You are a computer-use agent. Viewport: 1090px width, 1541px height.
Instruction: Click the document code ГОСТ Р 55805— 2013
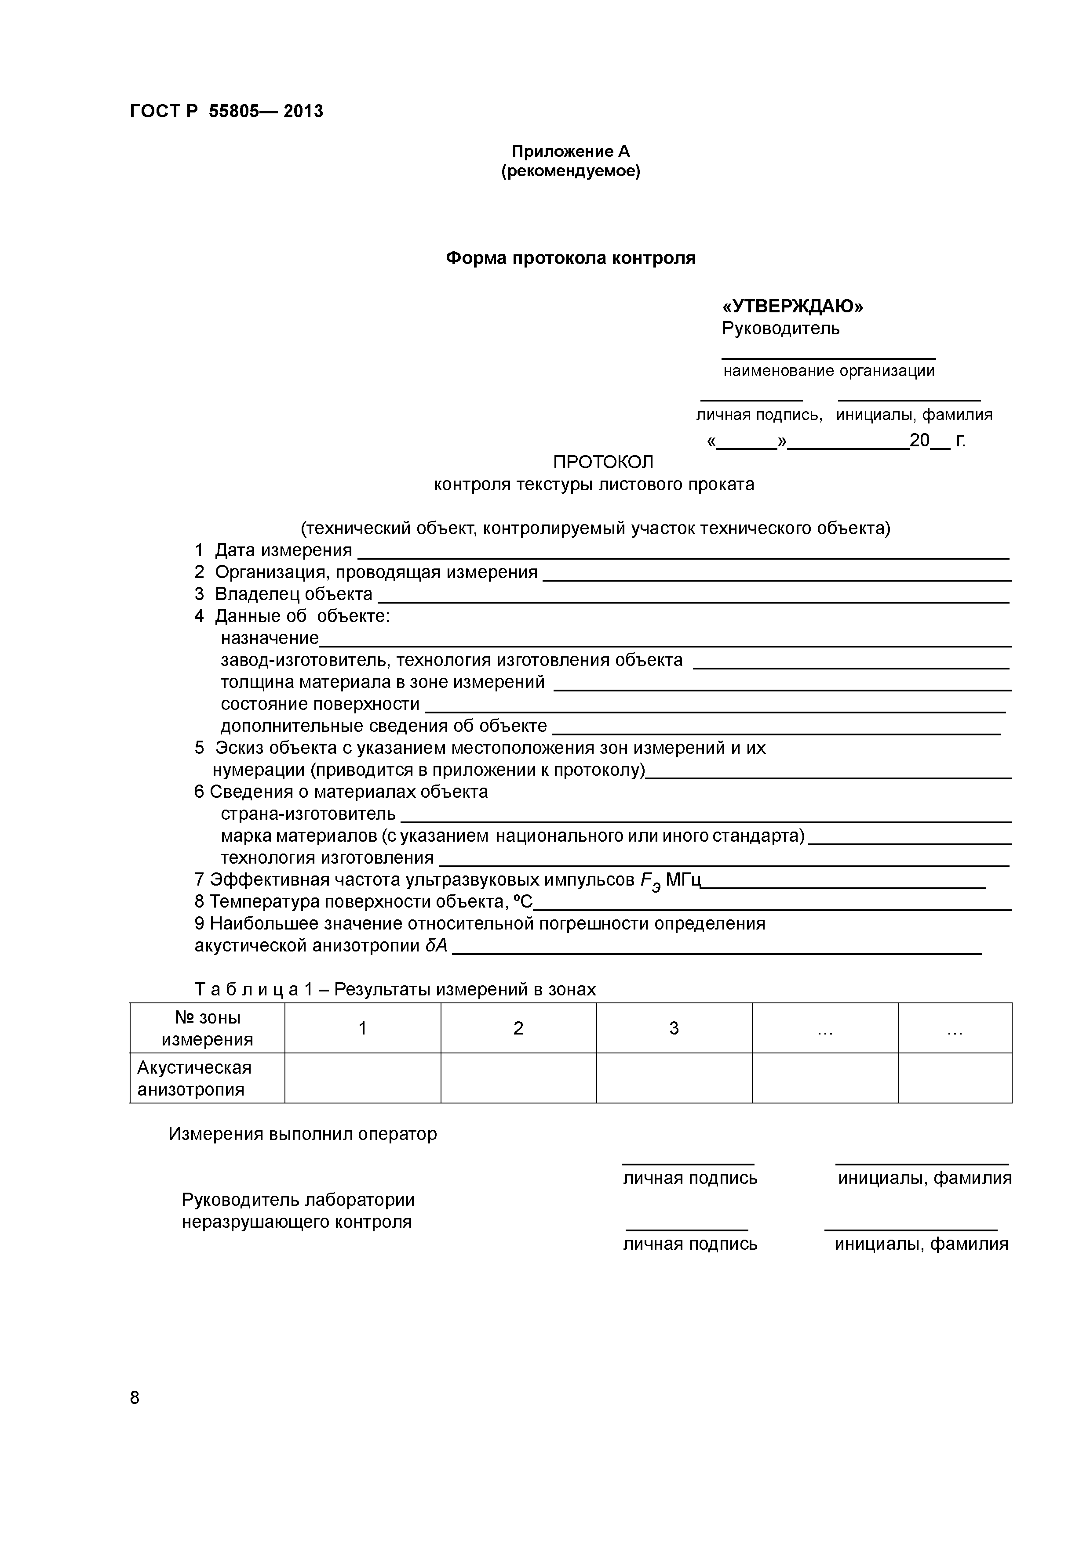click(226, 112)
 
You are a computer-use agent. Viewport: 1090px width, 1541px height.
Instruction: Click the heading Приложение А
click(570, 152)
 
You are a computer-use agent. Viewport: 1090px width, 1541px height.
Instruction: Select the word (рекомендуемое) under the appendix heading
click(570, 172)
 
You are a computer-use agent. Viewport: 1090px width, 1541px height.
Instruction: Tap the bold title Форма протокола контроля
click(570, 258)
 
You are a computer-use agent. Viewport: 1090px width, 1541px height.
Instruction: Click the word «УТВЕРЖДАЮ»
click(792, 307)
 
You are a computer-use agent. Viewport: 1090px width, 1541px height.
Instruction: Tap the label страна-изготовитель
click(308, 814)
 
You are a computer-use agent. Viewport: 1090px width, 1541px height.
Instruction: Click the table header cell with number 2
click(518, 1028)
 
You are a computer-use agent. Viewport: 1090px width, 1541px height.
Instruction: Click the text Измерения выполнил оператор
click(302, 1134)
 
